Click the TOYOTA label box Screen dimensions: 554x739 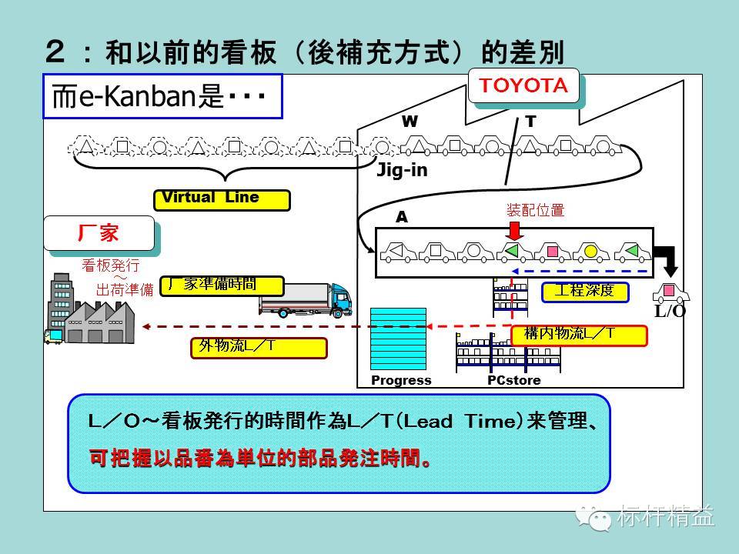pyautogui.click(x=524, y=87)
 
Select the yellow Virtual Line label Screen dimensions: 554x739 pyautogui.click(x=222, y=199)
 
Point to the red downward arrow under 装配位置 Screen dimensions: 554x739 pyautogui.click(x=514, y=229)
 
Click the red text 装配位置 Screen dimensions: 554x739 pyautogui.click(x=535, y=210)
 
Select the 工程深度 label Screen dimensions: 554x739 pyautogui.click(x=585, y=291)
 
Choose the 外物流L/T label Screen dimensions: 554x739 pyautogui.click(x=259, y=348)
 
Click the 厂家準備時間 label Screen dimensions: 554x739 pyautogui.click(x=222, y=285)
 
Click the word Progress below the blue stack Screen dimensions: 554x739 pyautogui.click(x=401, y=380)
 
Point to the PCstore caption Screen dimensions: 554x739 pyautogui.click(x=513, y=380)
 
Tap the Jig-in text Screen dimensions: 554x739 pyautogui.click(x=401, y=171)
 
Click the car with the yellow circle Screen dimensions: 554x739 pyautogui.click(x=590, y=252)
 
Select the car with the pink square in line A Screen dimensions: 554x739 pyautogui.click(x=551, y=252)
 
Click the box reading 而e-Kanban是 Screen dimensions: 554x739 pyautogui.click(x=162, y=96)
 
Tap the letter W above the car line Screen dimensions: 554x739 pyautogui.click(x=410, y=122)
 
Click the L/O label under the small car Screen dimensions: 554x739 pyautogui.click(x=670, y=311)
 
